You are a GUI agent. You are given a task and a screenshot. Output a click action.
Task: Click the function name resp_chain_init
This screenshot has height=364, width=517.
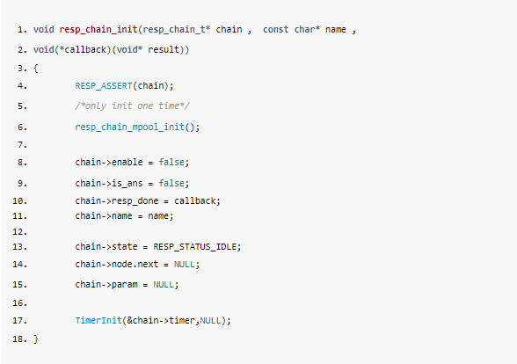(98, 30)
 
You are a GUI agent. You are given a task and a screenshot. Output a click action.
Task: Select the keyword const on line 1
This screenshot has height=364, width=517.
(276, 29)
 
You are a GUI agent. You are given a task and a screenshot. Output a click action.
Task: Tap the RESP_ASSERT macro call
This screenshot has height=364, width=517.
(104, 86)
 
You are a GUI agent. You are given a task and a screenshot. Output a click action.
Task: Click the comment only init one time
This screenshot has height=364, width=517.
(132, 106)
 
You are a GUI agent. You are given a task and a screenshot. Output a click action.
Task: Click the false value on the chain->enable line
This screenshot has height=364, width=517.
(171, 162)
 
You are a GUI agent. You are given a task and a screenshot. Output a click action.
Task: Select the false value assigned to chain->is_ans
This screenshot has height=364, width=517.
(171, 183)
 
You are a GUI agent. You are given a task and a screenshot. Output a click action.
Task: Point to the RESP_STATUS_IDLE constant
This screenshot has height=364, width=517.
(195, 247)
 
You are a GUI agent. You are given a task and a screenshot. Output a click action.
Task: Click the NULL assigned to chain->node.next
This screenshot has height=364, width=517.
(185, 265)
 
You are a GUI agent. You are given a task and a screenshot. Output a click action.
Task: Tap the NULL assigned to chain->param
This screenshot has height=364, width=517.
(164, 285)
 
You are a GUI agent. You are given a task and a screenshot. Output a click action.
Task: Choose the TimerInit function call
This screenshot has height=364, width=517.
(98, 320)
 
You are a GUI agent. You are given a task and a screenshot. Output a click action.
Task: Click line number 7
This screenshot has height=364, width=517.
(22, 145)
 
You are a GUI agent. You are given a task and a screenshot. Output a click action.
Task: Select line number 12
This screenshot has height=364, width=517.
(19, 232)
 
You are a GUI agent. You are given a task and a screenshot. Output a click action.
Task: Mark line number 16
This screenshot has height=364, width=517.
(19, 303)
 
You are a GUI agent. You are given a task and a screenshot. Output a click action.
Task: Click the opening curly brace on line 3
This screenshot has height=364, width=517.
(35, 69)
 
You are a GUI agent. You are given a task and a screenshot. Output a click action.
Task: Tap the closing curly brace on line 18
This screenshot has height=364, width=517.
(35, 339)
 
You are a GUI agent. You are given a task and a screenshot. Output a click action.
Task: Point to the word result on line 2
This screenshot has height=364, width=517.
(164, 50)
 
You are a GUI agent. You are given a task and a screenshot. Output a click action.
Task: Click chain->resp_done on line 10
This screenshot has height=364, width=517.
(117, 201)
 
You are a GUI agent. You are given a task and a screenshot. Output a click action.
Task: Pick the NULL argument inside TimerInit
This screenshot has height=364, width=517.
(210, 320)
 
